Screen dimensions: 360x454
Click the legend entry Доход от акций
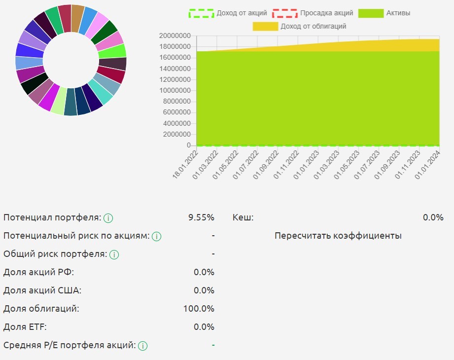(x=228, y=13)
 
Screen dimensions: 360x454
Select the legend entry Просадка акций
(x=313, y=13)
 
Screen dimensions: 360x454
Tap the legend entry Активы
(x=384, y=13)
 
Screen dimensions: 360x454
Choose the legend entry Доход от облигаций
(x=299, y=26)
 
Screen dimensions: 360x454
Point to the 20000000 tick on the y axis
(x=175, y=36)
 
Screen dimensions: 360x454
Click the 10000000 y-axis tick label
(x=175, y=91)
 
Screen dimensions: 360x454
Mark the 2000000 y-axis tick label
(x=177, y=135)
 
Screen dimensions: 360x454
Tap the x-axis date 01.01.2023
(x=306, y=166)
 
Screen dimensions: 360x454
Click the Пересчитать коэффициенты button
(x=338, y=236)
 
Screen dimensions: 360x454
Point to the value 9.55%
(x=201, y=217)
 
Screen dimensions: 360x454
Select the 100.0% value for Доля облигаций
(x=199, y=309)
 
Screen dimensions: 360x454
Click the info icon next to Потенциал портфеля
(x=108, y=218)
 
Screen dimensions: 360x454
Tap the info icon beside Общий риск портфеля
(x=114, y=255)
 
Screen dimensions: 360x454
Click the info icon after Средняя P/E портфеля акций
(x=143, y=346)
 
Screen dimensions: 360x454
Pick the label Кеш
(x=243, y=217)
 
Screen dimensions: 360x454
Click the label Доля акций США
(x=42, y=290)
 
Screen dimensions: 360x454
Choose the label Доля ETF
(x=25, y=327)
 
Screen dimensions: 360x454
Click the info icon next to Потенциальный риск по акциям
(x=157, y=236)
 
